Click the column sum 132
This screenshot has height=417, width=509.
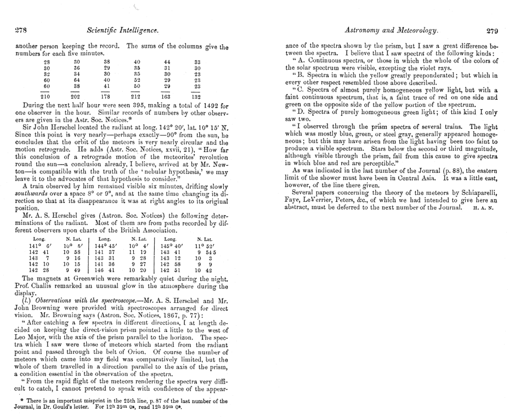point(197,98)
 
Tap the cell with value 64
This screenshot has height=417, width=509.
point(76,78)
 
